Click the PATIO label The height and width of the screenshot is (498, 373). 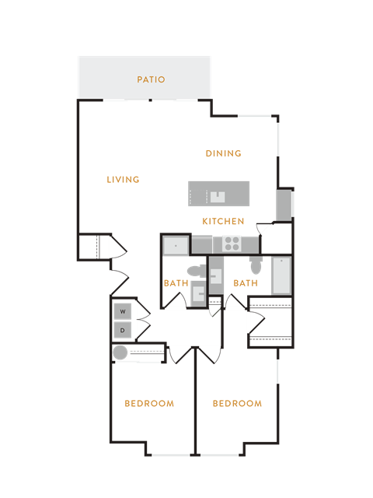pyautogui.click(x=151, y=79)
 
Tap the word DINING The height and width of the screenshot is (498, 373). pyautogui.click(x=224, y=153)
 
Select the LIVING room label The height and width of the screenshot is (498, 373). pyautogui.click(x=123, y=180)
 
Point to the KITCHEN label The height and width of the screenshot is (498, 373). pyautogui.click(x=223, y=221)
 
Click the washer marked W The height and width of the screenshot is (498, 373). pyautogui.click(x=123, y=311)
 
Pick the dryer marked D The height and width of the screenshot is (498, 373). pyautogui.click(x=123, y=330)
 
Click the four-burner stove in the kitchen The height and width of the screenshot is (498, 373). pyautogui.click(x=232, y=244)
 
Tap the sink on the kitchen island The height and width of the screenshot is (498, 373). pyautogui.click(x=218, y=197)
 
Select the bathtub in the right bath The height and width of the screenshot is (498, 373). pyautogui.click(x=281, y=275)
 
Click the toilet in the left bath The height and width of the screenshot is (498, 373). pyautogui.click(x=197, y=271)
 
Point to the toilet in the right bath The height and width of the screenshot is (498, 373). pyautogui.click(x=256, y=265)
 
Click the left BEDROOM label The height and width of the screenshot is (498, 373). pyautogui.click(x=149, y=404)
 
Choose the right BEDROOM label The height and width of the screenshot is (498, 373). pyautogui.click(x=237, y=404)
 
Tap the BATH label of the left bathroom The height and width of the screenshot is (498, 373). pyautogui.click(x=176, y=283)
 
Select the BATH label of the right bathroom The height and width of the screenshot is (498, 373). pyautogui.click(x=246, y=283)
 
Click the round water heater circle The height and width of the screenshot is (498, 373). pyautogui.click(x=120, y=352)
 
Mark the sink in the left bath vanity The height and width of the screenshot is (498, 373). pyautogui.click(x=199, y=293)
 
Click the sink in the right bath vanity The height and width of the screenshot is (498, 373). pyautogui.click(x=216, y=276)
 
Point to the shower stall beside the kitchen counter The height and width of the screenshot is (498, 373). pyautogui.click(x=176, y=246)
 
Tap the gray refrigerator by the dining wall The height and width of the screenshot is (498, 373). pyautogui.click(x=284, y=205)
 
